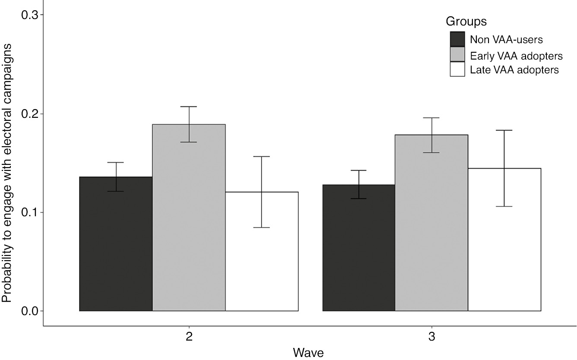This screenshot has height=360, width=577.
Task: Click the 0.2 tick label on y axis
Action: click(30, 114)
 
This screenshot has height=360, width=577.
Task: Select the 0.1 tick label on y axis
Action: click(30, 212)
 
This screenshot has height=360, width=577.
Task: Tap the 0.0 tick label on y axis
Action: click(30, 311)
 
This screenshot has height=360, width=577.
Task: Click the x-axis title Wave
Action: click(308, 353)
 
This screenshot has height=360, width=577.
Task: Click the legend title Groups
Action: click(466, 21)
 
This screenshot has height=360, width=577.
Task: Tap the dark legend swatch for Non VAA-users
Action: click(457, 39)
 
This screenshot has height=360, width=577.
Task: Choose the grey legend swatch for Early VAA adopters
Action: click(457, 54)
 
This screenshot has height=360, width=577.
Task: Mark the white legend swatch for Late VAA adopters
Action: click(457, 69)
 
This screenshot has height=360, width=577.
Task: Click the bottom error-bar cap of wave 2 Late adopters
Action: click(262, 227)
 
